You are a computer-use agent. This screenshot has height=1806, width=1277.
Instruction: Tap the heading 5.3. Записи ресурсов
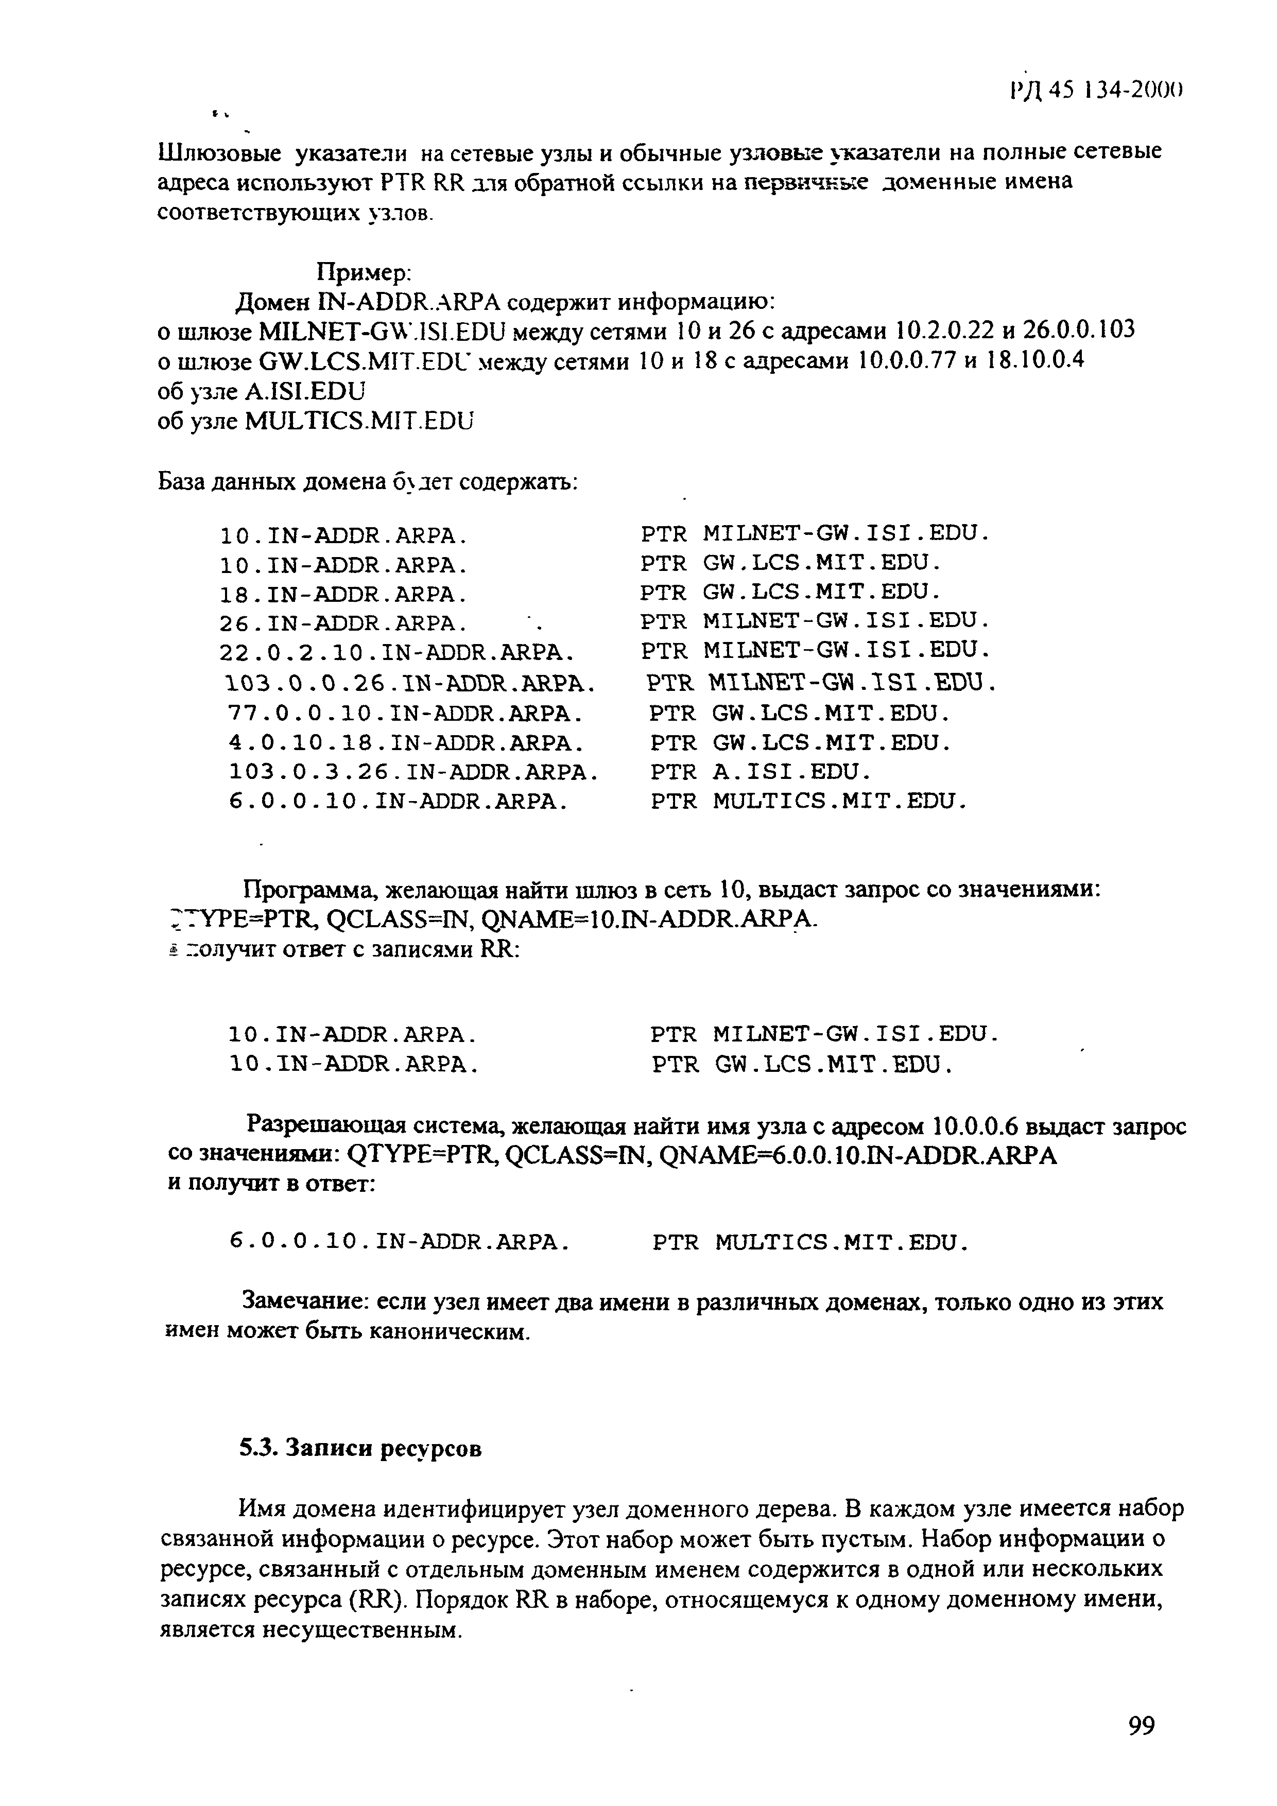click(x=360, y=1448)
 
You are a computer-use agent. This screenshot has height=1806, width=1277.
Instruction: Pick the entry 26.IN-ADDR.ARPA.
click(x=344, y=623)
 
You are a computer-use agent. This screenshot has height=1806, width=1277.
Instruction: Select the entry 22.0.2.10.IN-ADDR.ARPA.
click(x=396, y=652)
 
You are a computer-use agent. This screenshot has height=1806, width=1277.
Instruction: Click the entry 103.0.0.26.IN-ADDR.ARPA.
click(x=409, y=682)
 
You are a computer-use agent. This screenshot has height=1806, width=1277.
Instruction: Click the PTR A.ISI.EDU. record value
click(x=760, y=772)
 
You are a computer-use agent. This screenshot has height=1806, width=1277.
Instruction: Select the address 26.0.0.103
click(x=1081, y=331)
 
